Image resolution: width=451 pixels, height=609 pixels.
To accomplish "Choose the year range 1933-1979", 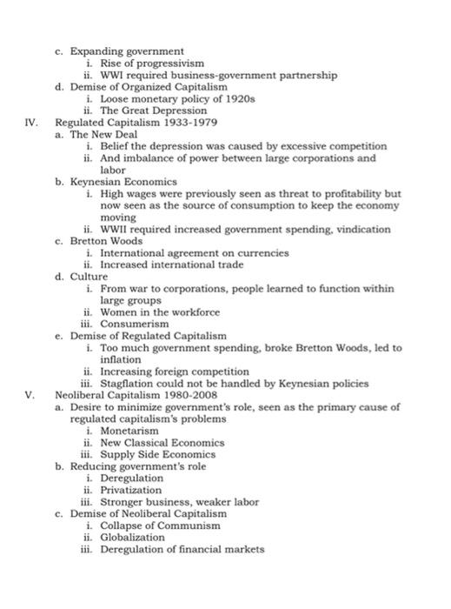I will tap(193, 123).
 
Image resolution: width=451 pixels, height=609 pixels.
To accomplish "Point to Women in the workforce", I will tap(160, 311).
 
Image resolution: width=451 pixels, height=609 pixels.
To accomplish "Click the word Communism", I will tap(198, 525).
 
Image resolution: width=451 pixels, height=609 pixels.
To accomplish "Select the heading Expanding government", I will tap(127, 52).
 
